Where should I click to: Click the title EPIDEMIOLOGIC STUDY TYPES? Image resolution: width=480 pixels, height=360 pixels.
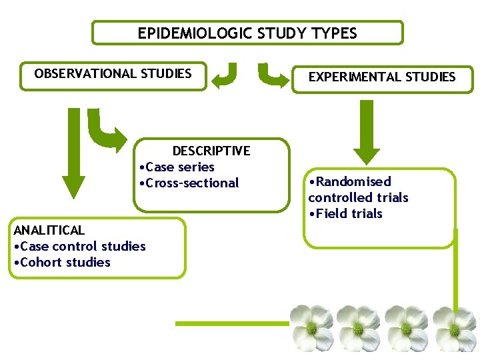click(247, 33)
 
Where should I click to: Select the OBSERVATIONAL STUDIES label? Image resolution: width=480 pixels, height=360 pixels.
click(113, 73)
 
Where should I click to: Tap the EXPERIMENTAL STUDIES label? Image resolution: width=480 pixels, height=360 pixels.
click(382, 77)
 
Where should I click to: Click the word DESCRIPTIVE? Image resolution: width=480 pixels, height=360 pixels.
click(211, 151)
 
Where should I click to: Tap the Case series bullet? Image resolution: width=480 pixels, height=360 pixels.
click(176, 167)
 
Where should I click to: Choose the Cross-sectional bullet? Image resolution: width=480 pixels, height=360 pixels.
click(188, 183)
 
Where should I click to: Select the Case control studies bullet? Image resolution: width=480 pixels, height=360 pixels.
click(80, 246)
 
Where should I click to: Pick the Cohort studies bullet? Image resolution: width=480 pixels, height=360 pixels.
click(63, 262)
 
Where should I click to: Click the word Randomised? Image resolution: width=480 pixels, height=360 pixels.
click(351, 181)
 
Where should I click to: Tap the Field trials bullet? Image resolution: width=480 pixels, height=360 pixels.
click(346, 213)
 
